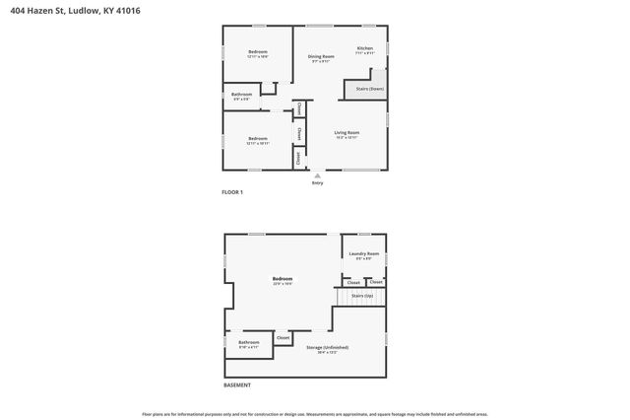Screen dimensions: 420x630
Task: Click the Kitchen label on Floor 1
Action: pos(364,48)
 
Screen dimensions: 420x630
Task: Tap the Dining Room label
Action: pos(322,56)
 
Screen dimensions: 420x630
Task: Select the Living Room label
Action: pos(346,132)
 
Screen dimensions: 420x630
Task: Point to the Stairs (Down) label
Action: pos(369,89)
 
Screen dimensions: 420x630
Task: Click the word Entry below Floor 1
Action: pos(317,182)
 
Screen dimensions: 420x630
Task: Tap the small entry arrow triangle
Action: pos(317,175)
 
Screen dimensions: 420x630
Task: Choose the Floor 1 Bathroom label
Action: pos(242,95)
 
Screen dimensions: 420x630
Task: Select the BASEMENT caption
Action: pos(236,385)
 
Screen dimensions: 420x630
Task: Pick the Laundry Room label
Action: pos(363,254)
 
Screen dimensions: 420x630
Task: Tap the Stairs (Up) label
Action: pos(362,296)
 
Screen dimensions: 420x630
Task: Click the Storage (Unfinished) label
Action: pos(327,347)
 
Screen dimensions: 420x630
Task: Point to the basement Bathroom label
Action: pos(248,342)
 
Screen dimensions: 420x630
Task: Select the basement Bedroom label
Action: pos(283,279)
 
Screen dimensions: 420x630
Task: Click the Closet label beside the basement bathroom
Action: pos(283,338)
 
